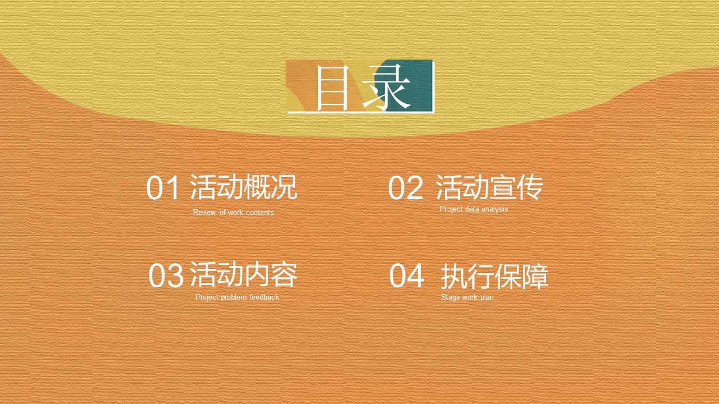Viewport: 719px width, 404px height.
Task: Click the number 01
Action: point(162,187)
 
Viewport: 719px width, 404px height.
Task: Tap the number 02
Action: point(406,187)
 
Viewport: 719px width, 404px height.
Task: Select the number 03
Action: point(166,275)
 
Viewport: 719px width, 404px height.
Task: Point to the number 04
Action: point(407,275)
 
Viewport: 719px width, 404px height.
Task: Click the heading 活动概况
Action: point(244,187)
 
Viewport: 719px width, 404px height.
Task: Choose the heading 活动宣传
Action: point(489,187)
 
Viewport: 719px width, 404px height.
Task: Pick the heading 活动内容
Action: point(244,274)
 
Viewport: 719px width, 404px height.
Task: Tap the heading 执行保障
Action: point(494,276)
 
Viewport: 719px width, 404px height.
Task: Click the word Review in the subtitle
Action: point(204,212)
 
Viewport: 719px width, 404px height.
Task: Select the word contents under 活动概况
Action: point(260,212)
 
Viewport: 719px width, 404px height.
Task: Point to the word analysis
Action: point(495,209)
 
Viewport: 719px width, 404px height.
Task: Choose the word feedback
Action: point(265,297)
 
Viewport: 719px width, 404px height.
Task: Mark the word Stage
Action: point(450,297)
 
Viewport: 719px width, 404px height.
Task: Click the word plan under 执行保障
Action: point(487,297)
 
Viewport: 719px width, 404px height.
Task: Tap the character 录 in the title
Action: point(386,88)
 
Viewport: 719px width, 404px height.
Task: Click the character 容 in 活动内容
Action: point(284,274)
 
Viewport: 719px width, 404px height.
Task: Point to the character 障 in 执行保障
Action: point(535,276)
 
